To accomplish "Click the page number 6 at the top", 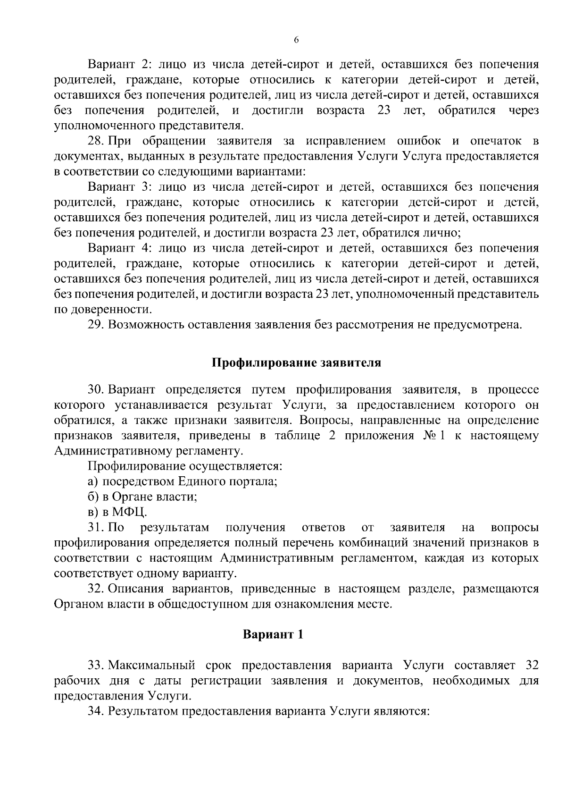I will (x=296, y=41).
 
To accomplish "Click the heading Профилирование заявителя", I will (x=296, y=363).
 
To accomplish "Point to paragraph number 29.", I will (x=96, y=325).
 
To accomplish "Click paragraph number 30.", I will (x=96, y=389).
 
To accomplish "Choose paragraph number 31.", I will (x=95, y=527).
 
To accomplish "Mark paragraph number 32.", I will (x=96, y=589).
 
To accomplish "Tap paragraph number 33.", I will (x=96, y=665).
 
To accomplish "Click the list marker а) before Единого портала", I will (x=92, y=481).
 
